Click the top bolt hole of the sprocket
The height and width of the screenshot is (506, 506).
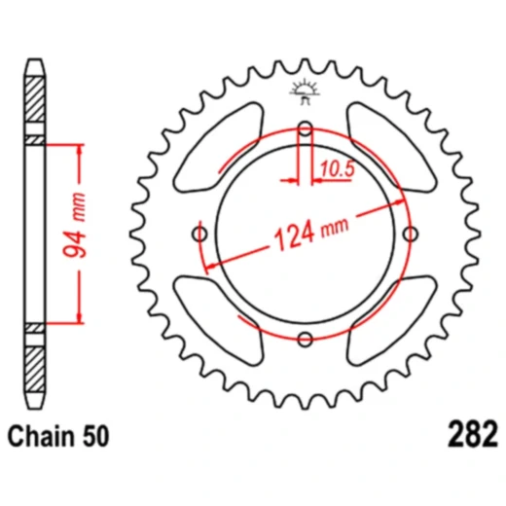click(306, 128)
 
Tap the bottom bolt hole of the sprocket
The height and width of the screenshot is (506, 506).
click(306, 339)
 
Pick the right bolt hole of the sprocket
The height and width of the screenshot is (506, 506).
click(411, 234)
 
